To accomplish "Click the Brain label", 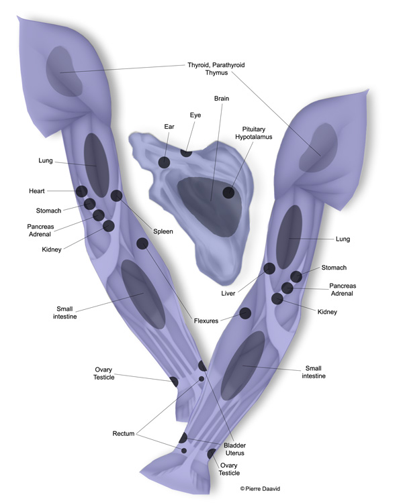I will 222,99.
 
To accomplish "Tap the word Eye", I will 196,115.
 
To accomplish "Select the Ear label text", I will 169,126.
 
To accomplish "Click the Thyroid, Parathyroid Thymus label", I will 216,69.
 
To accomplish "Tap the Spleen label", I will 163,231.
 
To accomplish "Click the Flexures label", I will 206,321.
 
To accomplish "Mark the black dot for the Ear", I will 165,162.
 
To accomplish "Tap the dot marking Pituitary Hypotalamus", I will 229,192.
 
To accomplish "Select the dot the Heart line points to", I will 81,191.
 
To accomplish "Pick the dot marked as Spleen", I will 116,196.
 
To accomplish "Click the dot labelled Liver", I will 269,268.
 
